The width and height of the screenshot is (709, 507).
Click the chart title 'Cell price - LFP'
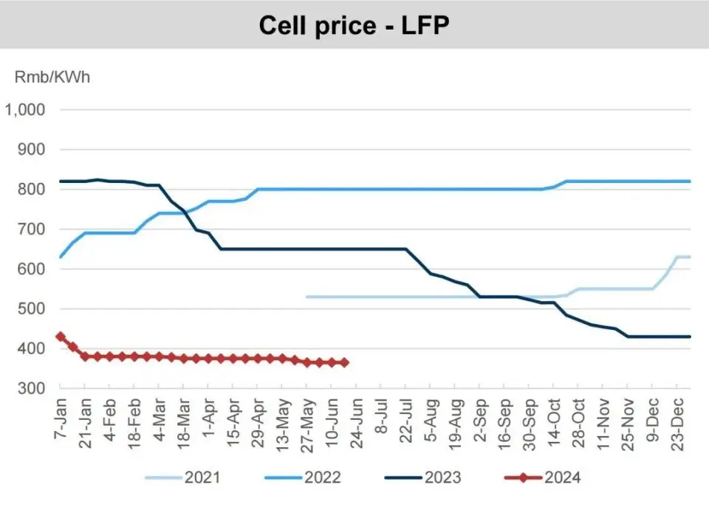[x=354, y=26]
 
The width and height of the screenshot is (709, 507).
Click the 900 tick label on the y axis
[x=32, y=149]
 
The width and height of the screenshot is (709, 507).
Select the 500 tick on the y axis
[x=32, y=308]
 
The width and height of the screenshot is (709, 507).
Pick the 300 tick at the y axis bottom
[x=32, y=388]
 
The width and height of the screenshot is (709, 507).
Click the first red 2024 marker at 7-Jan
[x=61, y=337]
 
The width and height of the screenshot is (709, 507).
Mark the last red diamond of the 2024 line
[x=344, y=362]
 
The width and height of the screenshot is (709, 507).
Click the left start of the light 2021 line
[x=306, y=297]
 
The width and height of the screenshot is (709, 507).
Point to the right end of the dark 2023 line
[x=690, y=337]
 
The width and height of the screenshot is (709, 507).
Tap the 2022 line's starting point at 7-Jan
[x=61, y=257]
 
